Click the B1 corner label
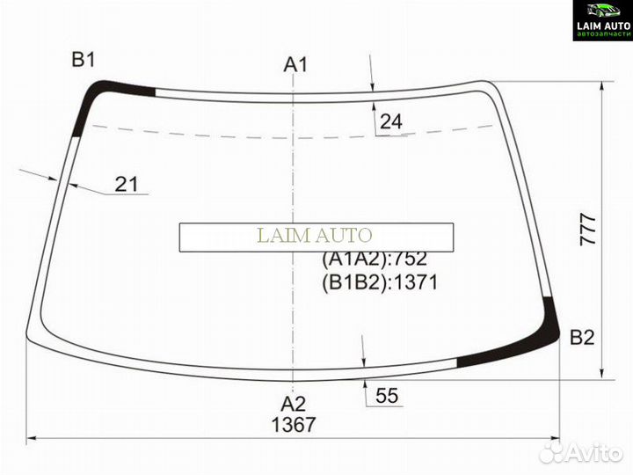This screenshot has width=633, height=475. [84, 60]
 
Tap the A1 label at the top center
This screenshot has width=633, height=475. [295, 64]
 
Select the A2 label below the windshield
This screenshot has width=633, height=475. [294, 404]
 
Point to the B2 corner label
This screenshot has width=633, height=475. [582, 337]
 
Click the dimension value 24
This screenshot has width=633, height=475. [390, 121]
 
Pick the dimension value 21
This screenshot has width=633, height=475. [127, 184]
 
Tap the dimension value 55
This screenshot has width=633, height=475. [387, 396]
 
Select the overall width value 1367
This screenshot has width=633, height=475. [293, 425]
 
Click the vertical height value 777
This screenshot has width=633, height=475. [588, 230]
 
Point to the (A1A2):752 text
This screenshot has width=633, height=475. [375, 259]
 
